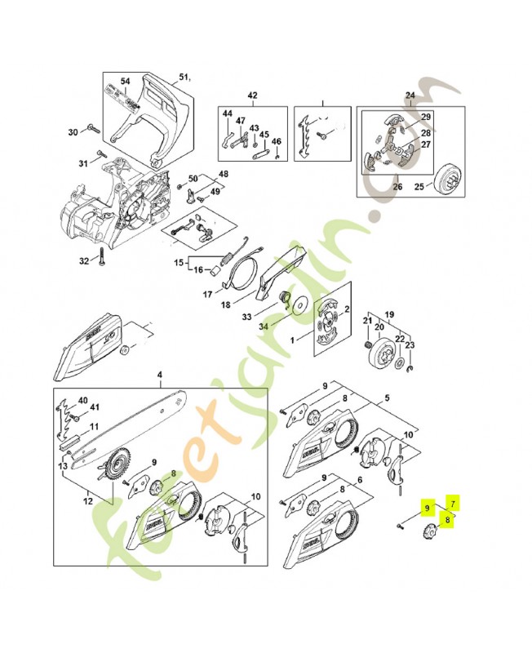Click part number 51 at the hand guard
(x=183, y=78)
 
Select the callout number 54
(x=125, y=82)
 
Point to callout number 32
(x=83, y=261)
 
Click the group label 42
(x=252, y=96)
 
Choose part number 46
(x=276, y=141)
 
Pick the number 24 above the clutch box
(x=410, y=96)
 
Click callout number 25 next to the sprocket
(x=419, y=187)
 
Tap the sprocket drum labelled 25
(x=446, y=176)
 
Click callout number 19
(x=389, y=313)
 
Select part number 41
(x=95, y=407)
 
